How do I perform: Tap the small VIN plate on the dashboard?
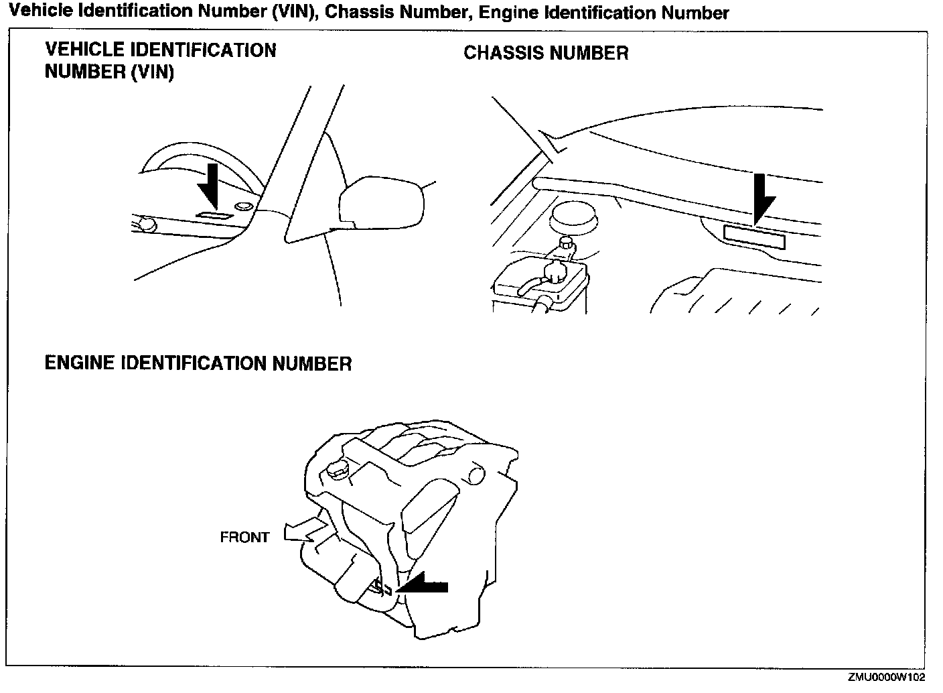(x=214, y=216)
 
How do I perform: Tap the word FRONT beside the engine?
(x=244, y=538)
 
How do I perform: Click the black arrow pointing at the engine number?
(x=425, y=585)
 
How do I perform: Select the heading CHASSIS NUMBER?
(x=546, y=53)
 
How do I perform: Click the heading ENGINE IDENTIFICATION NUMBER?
(x=198, y=363)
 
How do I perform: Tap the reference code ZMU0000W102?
(x=887, y=678)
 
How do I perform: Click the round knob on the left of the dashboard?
(x=147, y=224)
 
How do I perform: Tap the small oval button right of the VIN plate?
(x=244, y=205)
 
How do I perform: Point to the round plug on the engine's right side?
(x=476, y=475)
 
